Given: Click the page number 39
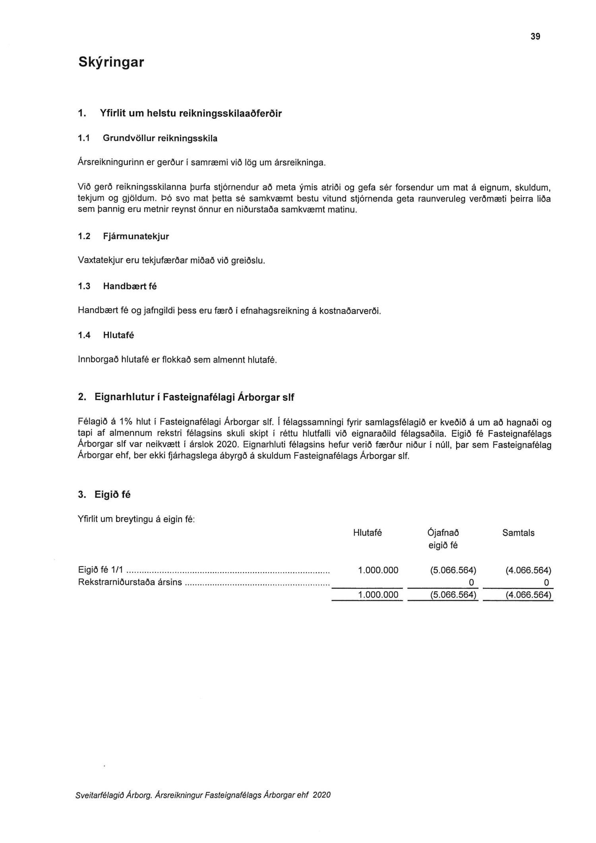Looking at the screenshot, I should [x=535, y=37].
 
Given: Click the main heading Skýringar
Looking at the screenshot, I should [x=111, y=62].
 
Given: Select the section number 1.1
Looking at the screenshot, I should [x=84, y=138].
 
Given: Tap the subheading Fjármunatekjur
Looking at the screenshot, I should [x=136, y=236].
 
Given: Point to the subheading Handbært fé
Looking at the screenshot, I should [x=130, y=286].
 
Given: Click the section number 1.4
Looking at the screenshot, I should [x=84, y=335].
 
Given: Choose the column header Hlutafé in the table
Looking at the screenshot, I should [x=367, y=533].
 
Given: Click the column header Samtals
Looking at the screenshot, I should [x=518, y=533].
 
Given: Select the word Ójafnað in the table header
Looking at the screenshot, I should [x=443, y=533].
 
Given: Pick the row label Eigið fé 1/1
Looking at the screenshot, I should [x=101, y=571].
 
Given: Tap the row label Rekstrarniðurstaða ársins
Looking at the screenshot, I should [x=130, y=583].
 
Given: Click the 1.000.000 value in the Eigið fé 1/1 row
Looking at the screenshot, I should [x=378, y=571].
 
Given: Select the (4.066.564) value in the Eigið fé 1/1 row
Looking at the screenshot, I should [x=528, y=571].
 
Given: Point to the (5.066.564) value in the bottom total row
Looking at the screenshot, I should [x=453, y=595].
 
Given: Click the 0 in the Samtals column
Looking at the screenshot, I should [x=546, y=583].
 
